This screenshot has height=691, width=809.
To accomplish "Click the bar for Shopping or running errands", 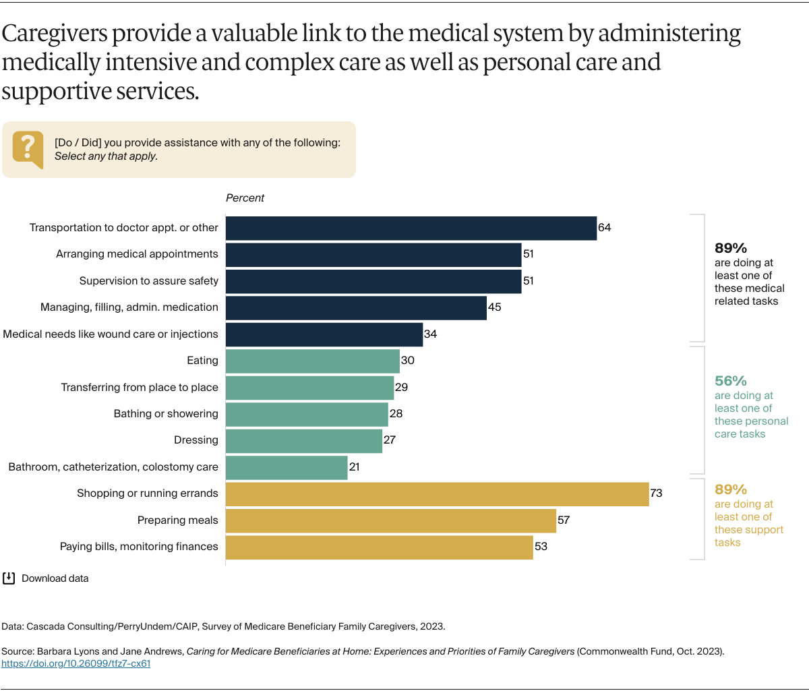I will [437, 493].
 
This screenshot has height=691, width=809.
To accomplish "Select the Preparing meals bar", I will [390, 520].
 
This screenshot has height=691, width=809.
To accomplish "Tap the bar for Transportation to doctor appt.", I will [411, 228].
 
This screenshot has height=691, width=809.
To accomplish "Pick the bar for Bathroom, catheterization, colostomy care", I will [287, 467].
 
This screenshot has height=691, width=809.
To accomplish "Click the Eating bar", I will [313, 361].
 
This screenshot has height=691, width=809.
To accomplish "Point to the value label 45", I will [494, 307].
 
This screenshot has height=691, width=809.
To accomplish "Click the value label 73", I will [656, 493].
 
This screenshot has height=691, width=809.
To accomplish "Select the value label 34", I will [430, 334].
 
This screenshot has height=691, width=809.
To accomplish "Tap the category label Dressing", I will [196, 440].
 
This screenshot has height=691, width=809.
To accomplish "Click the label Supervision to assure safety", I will [148, 280].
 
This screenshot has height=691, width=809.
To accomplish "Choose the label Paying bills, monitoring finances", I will [139, 546].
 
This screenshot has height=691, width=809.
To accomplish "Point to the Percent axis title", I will [245, 198].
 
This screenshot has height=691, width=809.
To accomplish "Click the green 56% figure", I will [730, 381].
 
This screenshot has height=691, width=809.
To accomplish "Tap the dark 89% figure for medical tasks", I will [730, 248].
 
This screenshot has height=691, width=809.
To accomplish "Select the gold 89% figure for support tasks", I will [730, 489].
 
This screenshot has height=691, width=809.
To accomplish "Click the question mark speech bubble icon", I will [28, 148].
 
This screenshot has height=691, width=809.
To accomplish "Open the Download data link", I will [55, 578].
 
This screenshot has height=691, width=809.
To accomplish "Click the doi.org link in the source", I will [76, 663].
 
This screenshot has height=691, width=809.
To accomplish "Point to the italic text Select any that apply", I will [106, 156].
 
